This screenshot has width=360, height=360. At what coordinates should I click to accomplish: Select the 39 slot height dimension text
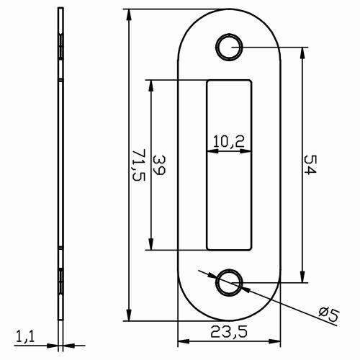[160, 166]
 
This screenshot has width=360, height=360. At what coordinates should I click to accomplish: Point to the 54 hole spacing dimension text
[310, 165]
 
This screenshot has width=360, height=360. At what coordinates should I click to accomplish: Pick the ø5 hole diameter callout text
[328, 314]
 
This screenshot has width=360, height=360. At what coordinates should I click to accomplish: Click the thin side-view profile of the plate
[61, 166]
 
